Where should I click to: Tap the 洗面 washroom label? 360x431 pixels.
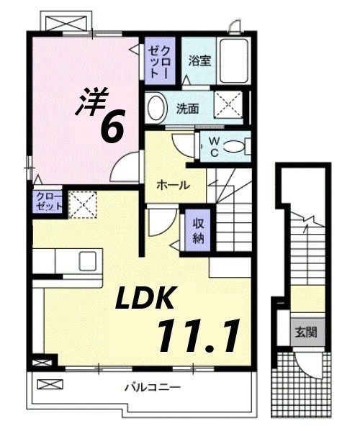188,109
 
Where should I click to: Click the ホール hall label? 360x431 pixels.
174,185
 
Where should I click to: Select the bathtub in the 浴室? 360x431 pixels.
232,62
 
